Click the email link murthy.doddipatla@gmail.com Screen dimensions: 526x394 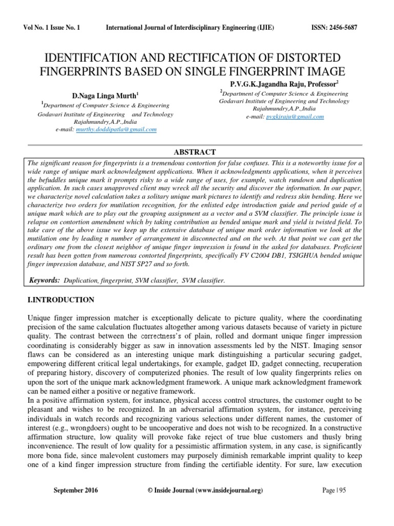click(x=116, y=130)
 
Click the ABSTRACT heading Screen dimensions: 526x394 click(x=196, y=152)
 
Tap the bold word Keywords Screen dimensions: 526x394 click(x=44, y=280)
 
